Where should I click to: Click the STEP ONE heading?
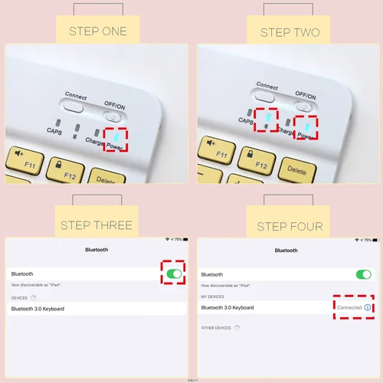tap(97, 31)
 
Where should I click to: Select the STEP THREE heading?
tap(97, 224)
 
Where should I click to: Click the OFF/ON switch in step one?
tap(115, 114)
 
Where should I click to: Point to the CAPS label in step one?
tap(54, 131)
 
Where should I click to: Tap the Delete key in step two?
tap(296, 168)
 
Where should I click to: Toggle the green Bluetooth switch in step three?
tap(175, 273)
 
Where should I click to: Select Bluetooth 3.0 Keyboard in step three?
tap(38, 308)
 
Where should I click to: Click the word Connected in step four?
tap(349, 307)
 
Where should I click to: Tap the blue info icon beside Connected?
tap(367, 307)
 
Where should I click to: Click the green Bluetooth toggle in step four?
tap(363, 273)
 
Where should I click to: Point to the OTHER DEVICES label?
tap(216, 327)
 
